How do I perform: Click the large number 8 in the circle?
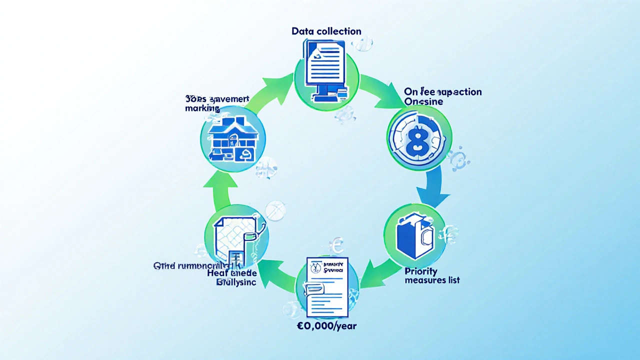pos(419,137)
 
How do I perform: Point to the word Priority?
pos(420,271)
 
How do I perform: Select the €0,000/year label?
pos(326,325)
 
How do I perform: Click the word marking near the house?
pos(202,108)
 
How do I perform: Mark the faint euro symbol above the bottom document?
pos(336,245)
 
